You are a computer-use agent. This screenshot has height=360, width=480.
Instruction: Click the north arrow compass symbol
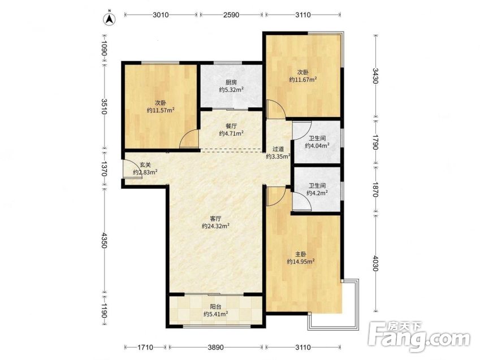[x=110, y=20]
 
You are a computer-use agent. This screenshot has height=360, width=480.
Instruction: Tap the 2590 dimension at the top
[x=231, y=15]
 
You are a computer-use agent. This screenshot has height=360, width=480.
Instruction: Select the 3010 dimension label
[x=161, y=15]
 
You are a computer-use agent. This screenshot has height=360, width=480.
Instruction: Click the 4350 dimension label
[x=105, y=240]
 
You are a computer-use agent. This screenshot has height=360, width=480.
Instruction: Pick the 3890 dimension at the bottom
[x=216, y=348]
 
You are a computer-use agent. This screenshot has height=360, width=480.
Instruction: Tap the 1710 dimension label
[x=145, y=348]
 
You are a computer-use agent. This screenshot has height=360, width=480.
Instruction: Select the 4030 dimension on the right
[x=375, y=262]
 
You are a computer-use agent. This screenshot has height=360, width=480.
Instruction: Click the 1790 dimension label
[x=375, y=141]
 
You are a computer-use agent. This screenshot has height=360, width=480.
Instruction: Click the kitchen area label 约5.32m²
[x=231, y=90]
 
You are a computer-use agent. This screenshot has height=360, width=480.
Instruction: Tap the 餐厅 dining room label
[x=231, y=126]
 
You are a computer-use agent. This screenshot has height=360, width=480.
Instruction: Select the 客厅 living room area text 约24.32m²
[x=216, y=226]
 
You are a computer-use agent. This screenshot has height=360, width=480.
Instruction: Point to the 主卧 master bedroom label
[x=301, y=254]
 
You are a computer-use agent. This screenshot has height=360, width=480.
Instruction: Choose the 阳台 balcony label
[x=216, y=306]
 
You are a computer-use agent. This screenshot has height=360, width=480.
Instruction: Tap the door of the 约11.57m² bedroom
[x=189, y=138]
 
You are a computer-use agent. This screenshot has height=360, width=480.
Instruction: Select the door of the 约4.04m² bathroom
[x=302, y=130]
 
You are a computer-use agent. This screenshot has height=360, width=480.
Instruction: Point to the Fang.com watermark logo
[x=419, y=337]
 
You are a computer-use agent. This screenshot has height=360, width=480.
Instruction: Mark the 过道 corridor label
[x=278, y=149]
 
